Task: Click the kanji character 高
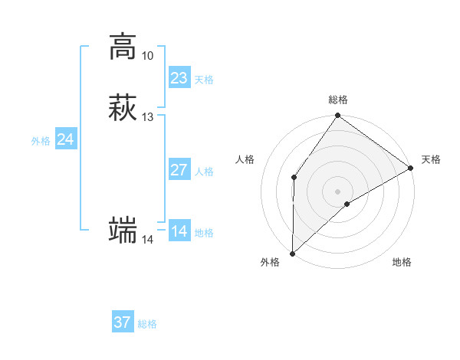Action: click(x=123, y=47)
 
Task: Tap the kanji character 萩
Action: click(x=123, y=108)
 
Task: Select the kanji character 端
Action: click(x=123, y=231)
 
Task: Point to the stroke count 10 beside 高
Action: click(x=147, y=56)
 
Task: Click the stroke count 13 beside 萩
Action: click(x=147, y=117)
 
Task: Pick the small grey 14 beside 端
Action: click(x=147, y=240)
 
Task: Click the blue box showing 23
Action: click(x=179, y=78)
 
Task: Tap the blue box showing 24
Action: click(x=66, y=139)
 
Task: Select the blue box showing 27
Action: click(x=179, y=170)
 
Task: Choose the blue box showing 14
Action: click(x=179, y=231)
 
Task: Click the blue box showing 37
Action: click(x=122, y=322)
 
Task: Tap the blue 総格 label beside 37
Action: click(x=147, y=324)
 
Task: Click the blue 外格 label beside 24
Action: click(x=41, y=141)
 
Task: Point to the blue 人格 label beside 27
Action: click(x=205, y=172)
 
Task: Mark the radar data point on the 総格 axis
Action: click(x=338, y=116)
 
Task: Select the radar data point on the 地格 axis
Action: click(x=347, y=204)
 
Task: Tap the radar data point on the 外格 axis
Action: click(x=292, y=253)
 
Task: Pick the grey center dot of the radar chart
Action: click(x=338, y=191)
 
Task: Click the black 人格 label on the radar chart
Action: click(x=245, y=159)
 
